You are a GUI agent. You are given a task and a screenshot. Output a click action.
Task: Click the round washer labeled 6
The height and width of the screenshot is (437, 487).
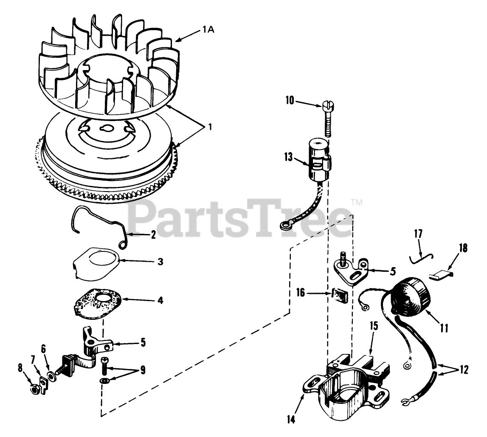[x=51, y=375]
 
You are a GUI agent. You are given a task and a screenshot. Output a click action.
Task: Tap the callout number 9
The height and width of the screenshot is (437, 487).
[x=142, y=370]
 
